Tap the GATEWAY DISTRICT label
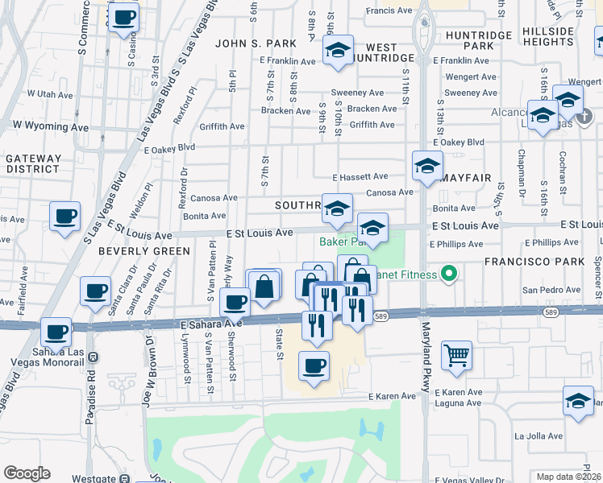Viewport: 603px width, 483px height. click(x=33, y=164)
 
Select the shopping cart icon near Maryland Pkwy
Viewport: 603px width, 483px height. click(x=456, y=355)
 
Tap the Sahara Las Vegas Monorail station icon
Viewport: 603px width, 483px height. click(x=94, y=357)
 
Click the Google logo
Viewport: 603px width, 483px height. click(x=27, y=473)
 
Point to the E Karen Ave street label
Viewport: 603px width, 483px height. click(x=393, y=397)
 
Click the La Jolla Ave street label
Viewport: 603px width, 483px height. click(x=539, y=436)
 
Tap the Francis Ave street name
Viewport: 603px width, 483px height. click(x=389, y=10)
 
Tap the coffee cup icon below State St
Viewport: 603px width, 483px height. click(x=314, y=366)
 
